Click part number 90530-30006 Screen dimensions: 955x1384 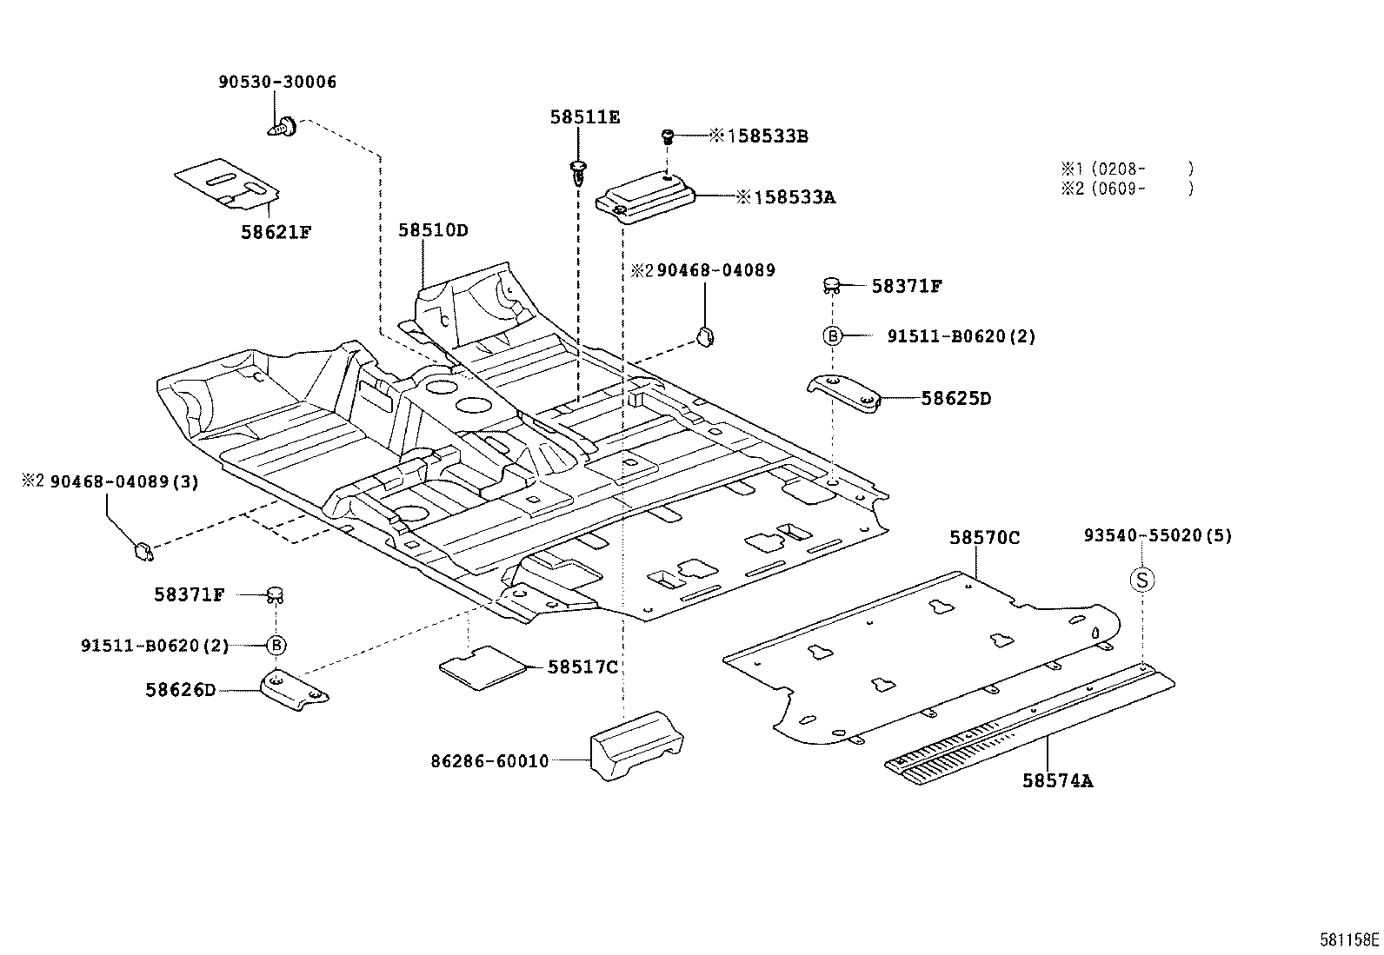coord(276,83)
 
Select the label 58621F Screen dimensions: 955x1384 coord(276,232)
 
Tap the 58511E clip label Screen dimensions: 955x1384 coord(584,117)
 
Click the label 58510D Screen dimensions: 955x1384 coord(433,230)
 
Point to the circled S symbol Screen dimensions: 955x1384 coord(1142,580)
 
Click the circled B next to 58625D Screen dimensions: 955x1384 coord(832,336)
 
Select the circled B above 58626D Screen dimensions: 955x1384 coord(276,645)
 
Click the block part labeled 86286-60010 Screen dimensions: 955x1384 coord(635,746)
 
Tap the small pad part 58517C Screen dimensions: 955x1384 coord(484,667)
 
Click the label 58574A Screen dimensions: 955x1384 coord(1057,780)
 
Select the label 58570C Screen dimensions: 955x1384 coord(984,538)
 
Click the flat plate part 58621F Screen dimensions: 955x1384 coord(227,183)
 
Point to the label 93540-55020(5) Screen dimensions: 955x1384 coord(1157,536)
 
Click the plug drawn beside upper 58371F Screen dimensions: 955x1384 coord(831,283)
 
